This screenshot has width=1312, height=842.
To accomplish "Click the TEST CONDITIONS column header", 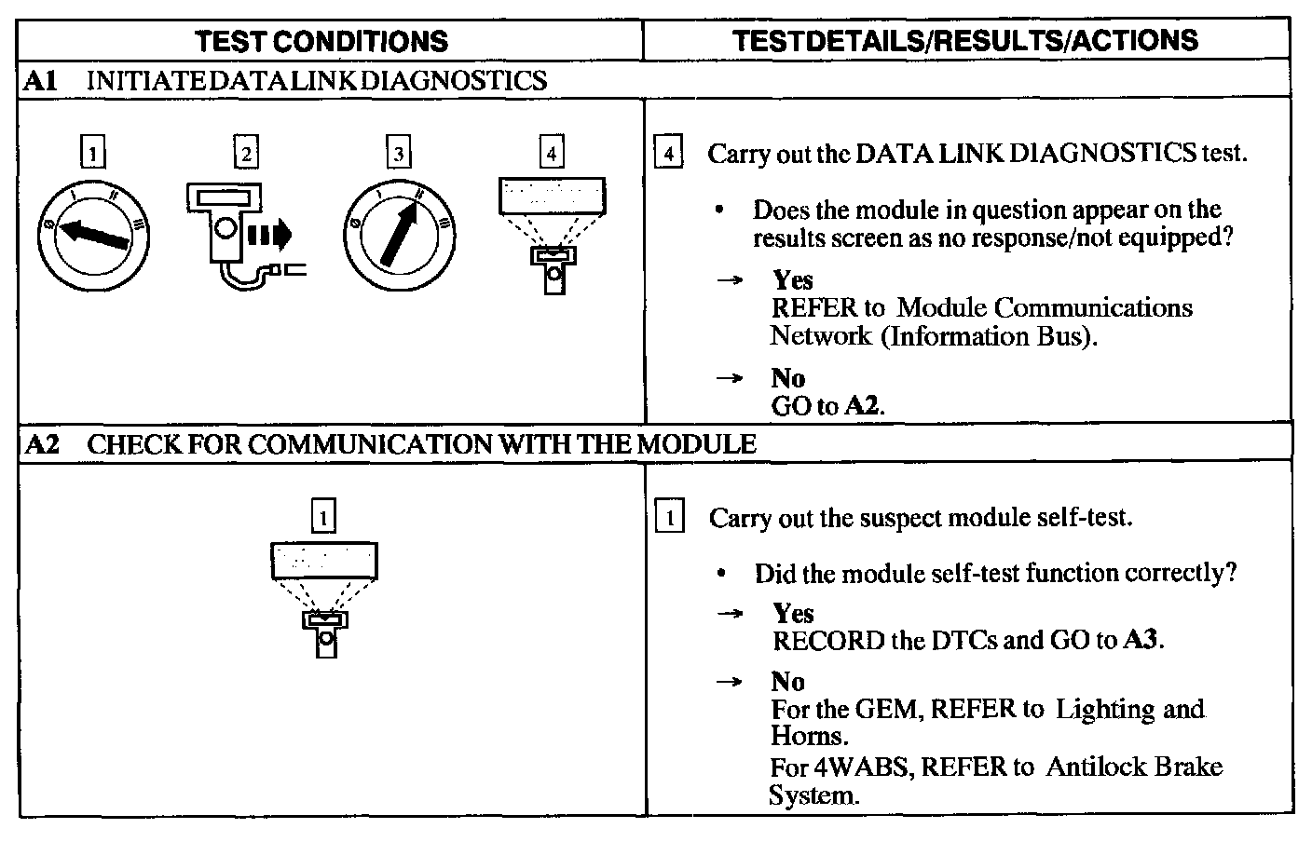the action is pyautogui.click(x=322, y=41).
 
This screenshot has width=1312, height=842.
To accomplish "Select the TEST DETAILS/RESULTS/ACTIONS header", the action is pyautogui.click(x=965, y=40).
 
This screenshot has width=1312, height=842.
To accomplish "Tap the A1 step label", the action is pyautogui.click(x=40, y=81).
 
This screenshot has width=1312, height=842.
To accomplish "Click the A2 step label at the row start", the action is pyautogui.click(x=41, y=444).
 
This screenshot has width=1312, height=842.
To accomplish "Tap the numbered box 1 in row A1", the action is pyautogui.click(x=93, y=152).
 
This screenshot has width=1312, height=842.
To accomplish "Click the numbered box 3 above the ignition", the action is pyautogui.click(x=399, y=152).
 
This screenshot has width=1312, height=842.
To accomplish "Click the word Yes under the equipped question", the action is pyautogui.click(x=792, y=280).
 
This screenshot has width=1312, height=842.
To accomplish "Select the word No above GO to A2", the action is pyautogui.click(x=787, y=378).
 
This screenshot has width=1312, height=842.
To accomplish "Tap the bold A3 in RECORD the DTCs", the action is pyautogui.click(x=1142, y=641).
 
